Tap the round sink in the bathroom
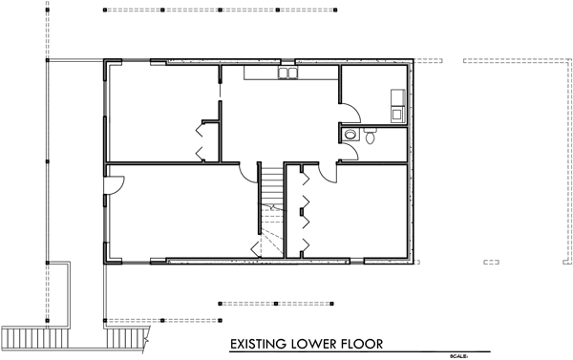tap(351, 136)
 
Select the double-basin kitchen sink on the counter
tap(286, 73)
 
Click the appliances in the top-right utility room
tap(395, 103)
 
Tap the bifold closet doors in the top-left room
tap(202, 140)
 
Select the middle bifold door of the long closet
tap(304, 208)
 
